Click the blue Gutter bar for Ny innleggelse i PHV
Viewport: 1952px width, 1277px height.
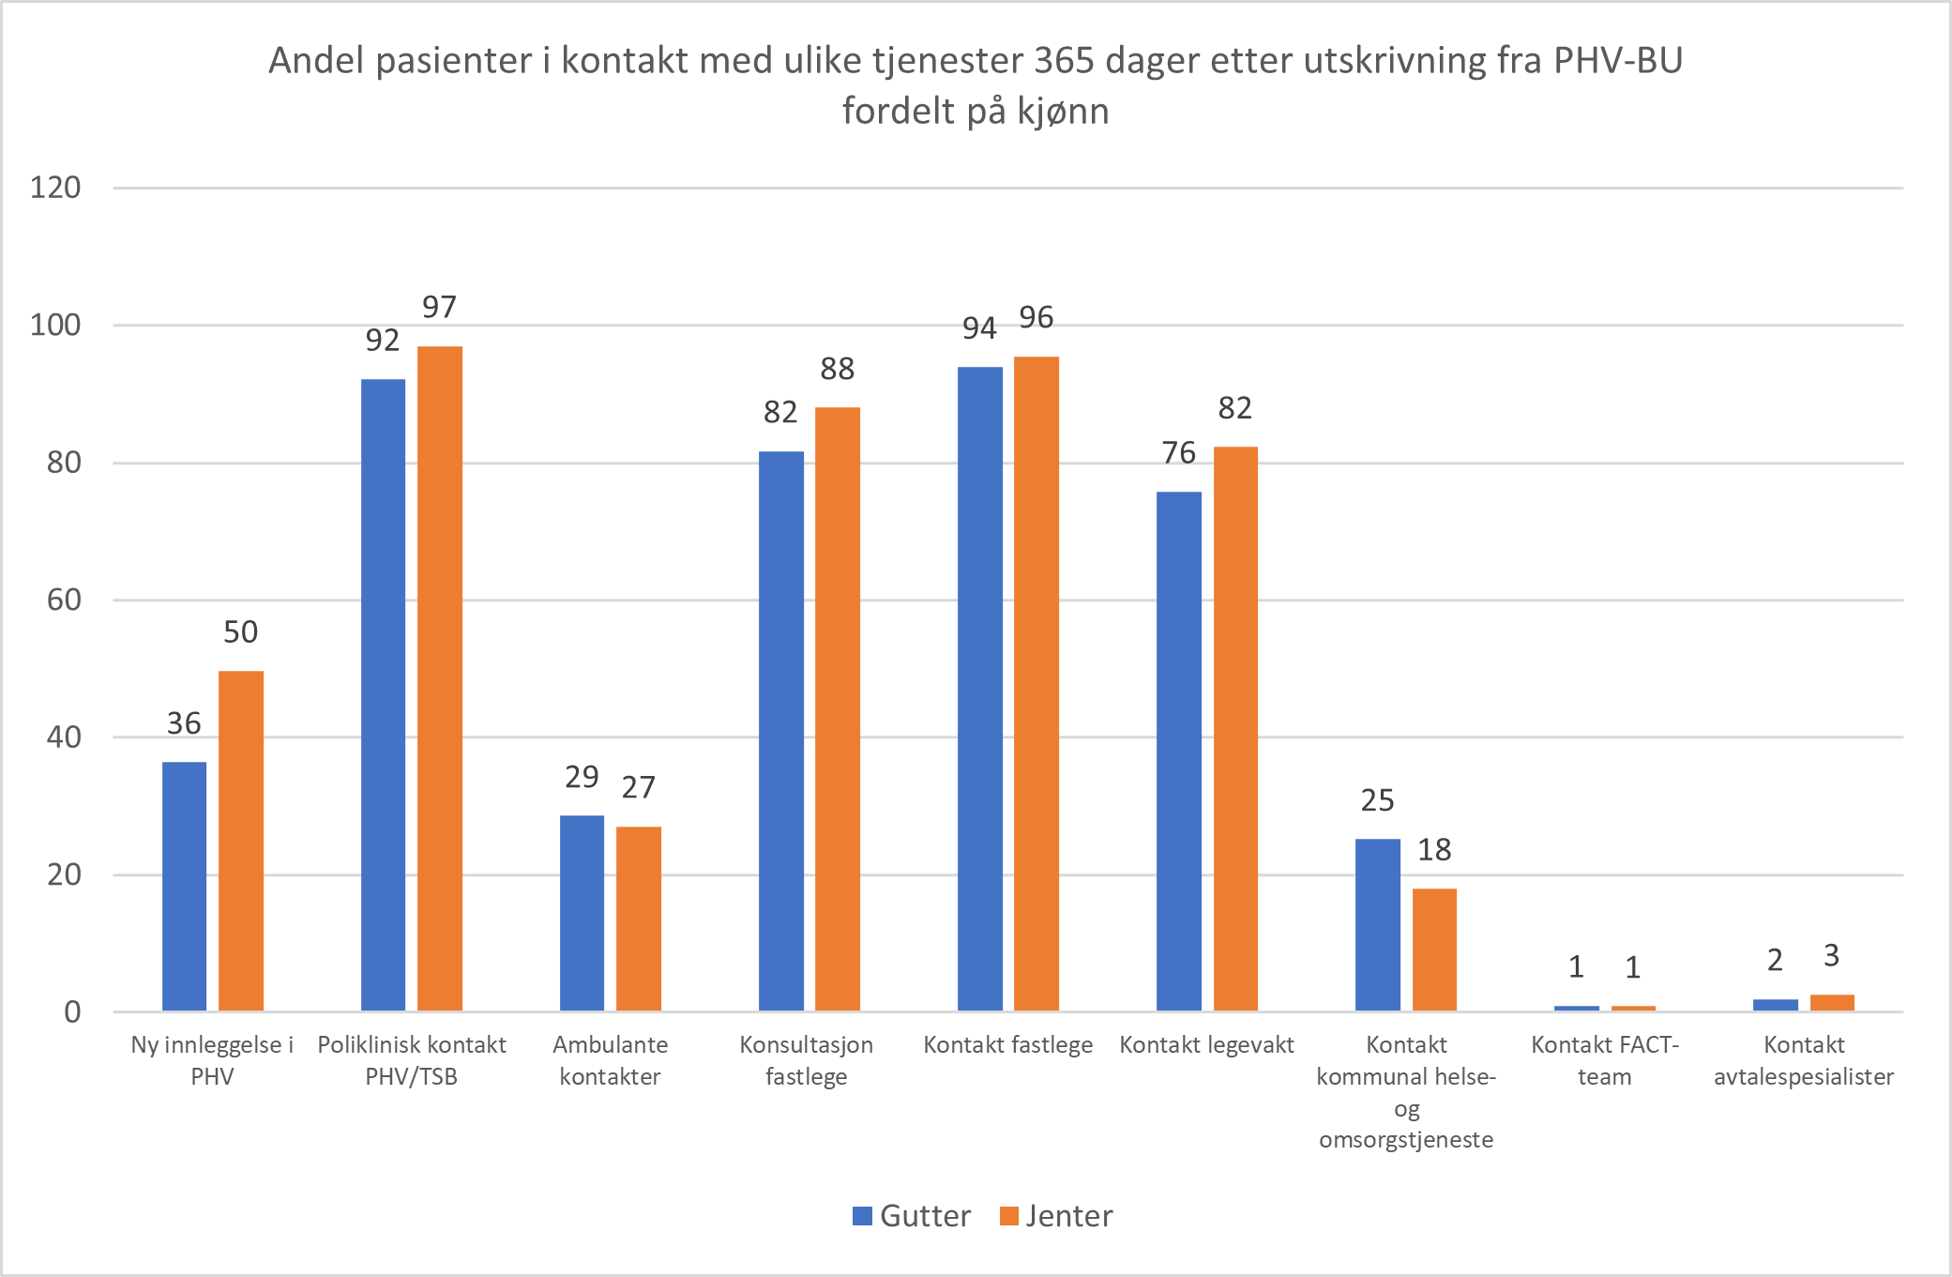point(184,886)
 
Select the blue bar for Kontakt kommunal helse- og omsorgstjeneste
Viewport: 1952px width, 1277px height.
point(1377,924)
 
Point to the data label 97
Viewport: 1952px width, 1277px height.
point(439,307)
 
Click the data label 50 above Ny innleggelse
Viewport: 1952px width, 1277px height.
point(240,632)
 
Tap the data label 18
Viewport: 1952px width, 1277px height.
point(1433,850)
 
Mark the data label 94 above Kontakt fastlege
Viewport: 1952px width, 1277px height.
point(978,328)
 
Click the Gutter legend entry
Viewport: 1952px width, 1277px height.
point(912,1216)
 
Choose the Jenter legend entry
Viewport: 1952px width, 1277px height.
point(1056,1216)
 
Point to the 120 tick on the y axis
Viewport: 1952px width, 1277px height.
point(55,188)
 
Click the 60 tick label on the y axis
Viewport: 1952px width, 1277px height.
point(64,600)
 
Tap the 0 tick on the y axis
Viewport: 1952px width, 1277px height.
point(72,1012)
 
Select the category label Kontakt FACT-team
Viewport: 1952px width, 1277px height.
point(1604,1060)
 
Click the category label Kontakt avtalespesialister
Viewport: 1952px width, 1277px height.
point(1803,1060)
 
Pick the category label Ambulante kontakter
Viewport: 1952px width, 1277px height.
point(610,1060)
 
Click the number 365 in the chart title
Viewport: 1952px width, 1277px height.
point(1064,61)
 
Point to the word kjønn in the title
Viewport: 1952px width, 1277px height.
point(1063,112)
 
